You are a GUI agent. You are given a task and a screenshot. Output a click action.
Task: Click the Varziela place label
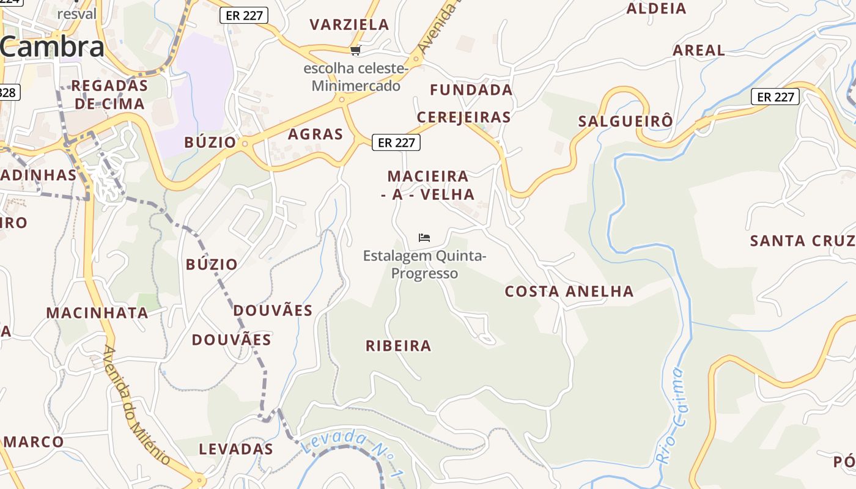(x=349, y=24)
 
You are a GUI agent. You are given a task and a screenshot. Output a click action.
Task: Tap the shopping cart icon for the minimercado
(x=355, y=50)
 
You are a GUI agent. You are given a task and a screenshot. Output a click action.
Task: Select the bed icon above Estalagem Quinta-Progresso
(x=424, y=237)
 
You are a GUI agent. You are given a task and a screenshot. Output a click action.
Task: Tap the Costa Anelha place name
(x=569, y=292)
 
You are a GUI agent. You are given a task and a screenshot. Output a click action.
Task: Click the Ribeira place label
(x=399, y=346)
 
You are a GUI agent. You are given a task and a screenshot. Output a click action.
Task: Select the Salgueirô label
(x=625, y=121)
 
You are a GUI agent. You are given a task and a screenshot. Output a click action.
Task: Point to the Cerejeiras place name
(x=463, y=117)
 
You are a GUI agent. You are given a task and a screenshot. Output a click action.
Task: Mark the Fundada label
(x=471, y=90)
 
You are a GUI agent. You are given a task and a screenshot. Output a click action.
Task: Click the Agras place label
(x=315, y=134)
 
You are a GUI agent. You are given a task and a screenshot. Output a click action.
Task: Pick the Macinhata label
(x=97, y=313)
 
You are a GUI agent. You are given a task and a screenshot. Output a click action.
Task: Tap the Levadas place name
(x=236, y=449)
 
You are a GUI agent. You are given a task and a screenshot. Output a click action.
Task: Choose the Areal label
(x=699, y=50)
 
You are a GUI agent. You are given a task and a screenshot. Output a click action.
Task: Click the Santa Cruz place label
(x=802, y=241)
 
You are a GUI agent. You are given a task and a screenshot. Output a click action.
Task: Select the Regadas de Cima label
(x=110, y=94)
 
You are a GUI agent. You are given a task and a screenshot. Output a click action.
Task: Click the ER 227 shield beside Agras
(x=396, y=142)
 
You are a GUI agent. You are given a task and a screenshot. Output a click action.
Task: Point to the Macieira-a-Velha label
(x=428, y=185)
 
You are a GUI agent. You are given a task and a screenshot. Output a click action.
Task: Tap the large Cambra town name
(x=53, y=47)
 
